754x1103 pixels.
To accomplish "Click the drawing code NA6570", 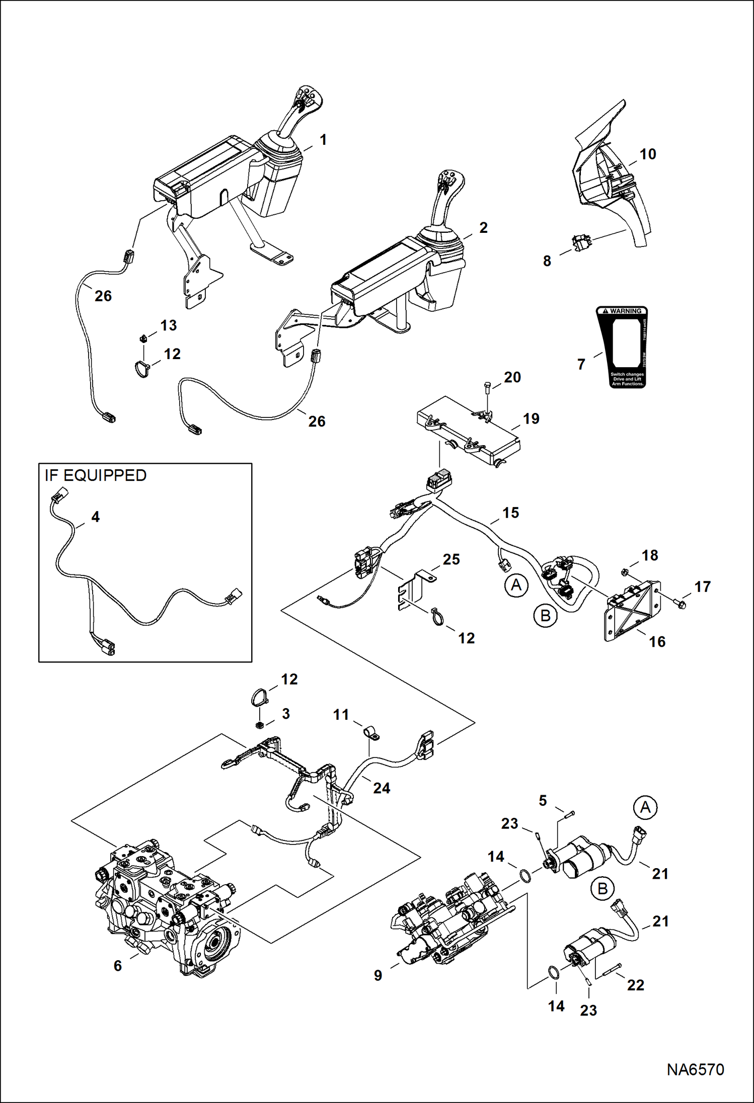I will coord(695,1069).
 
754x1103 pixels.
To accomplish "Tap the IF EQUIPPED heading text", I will coord(96,475).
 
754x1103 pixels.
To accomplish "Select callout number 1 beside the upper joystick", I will coord(323,140).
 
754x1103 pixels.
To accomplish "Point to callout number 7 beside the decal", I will coord(581,364).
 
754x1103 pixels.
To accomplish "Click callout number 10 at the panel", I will coord(648,154).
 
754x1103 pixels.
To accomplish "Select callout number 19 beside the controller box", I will coord(531,418).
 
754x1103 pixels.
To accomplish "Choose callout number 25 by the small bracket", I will coord(451,559).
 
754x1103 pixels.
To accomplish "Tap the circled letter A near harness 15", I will coord(516,585).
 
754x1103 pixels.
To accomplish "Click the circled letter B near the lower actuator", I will coord(602,889).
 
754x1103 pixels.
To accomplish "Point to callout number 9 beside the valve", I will coord(378,975).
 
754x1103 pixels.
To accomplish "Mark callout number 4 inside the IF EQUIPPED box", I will coord(95,517).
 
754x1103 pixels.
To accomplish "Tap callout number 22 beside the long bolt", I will coord(635,985).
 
